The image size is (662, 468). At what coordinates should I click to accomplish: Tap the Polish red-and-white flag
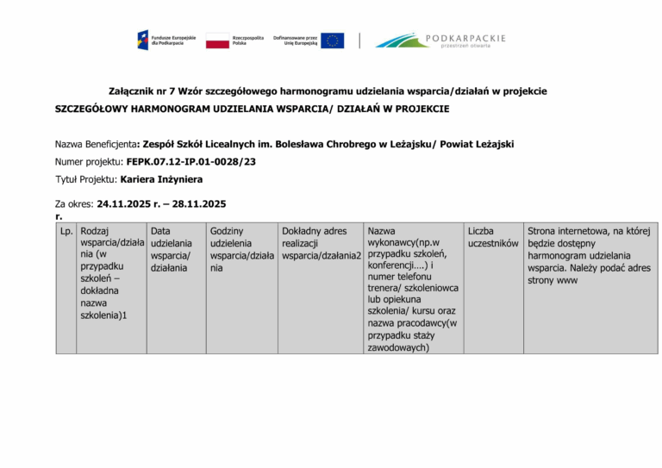(217, 41)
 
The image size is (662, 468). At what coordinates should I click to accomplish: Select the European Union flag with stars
(332, 41)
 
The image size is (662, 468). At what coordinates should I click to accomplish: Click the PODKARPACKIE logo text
(465, 39)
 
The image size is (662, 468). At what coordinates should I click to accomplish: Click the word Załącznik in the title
(132, 91)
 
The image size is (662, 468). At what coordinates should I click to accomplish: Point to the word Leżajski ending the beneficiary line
(492, 145)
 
